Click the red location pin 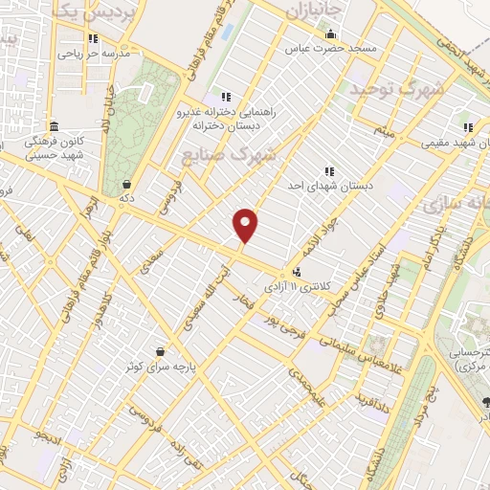tap(247, 225)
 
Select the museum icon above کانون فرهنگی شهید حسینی tap(53, 126)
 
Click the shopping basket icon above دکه tap(126, 185)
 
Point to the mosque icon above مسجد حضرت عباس tap(330, 34)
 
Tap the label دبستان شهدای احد tap(329, 186)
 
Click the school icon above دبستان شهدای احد tap(329, 171)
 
